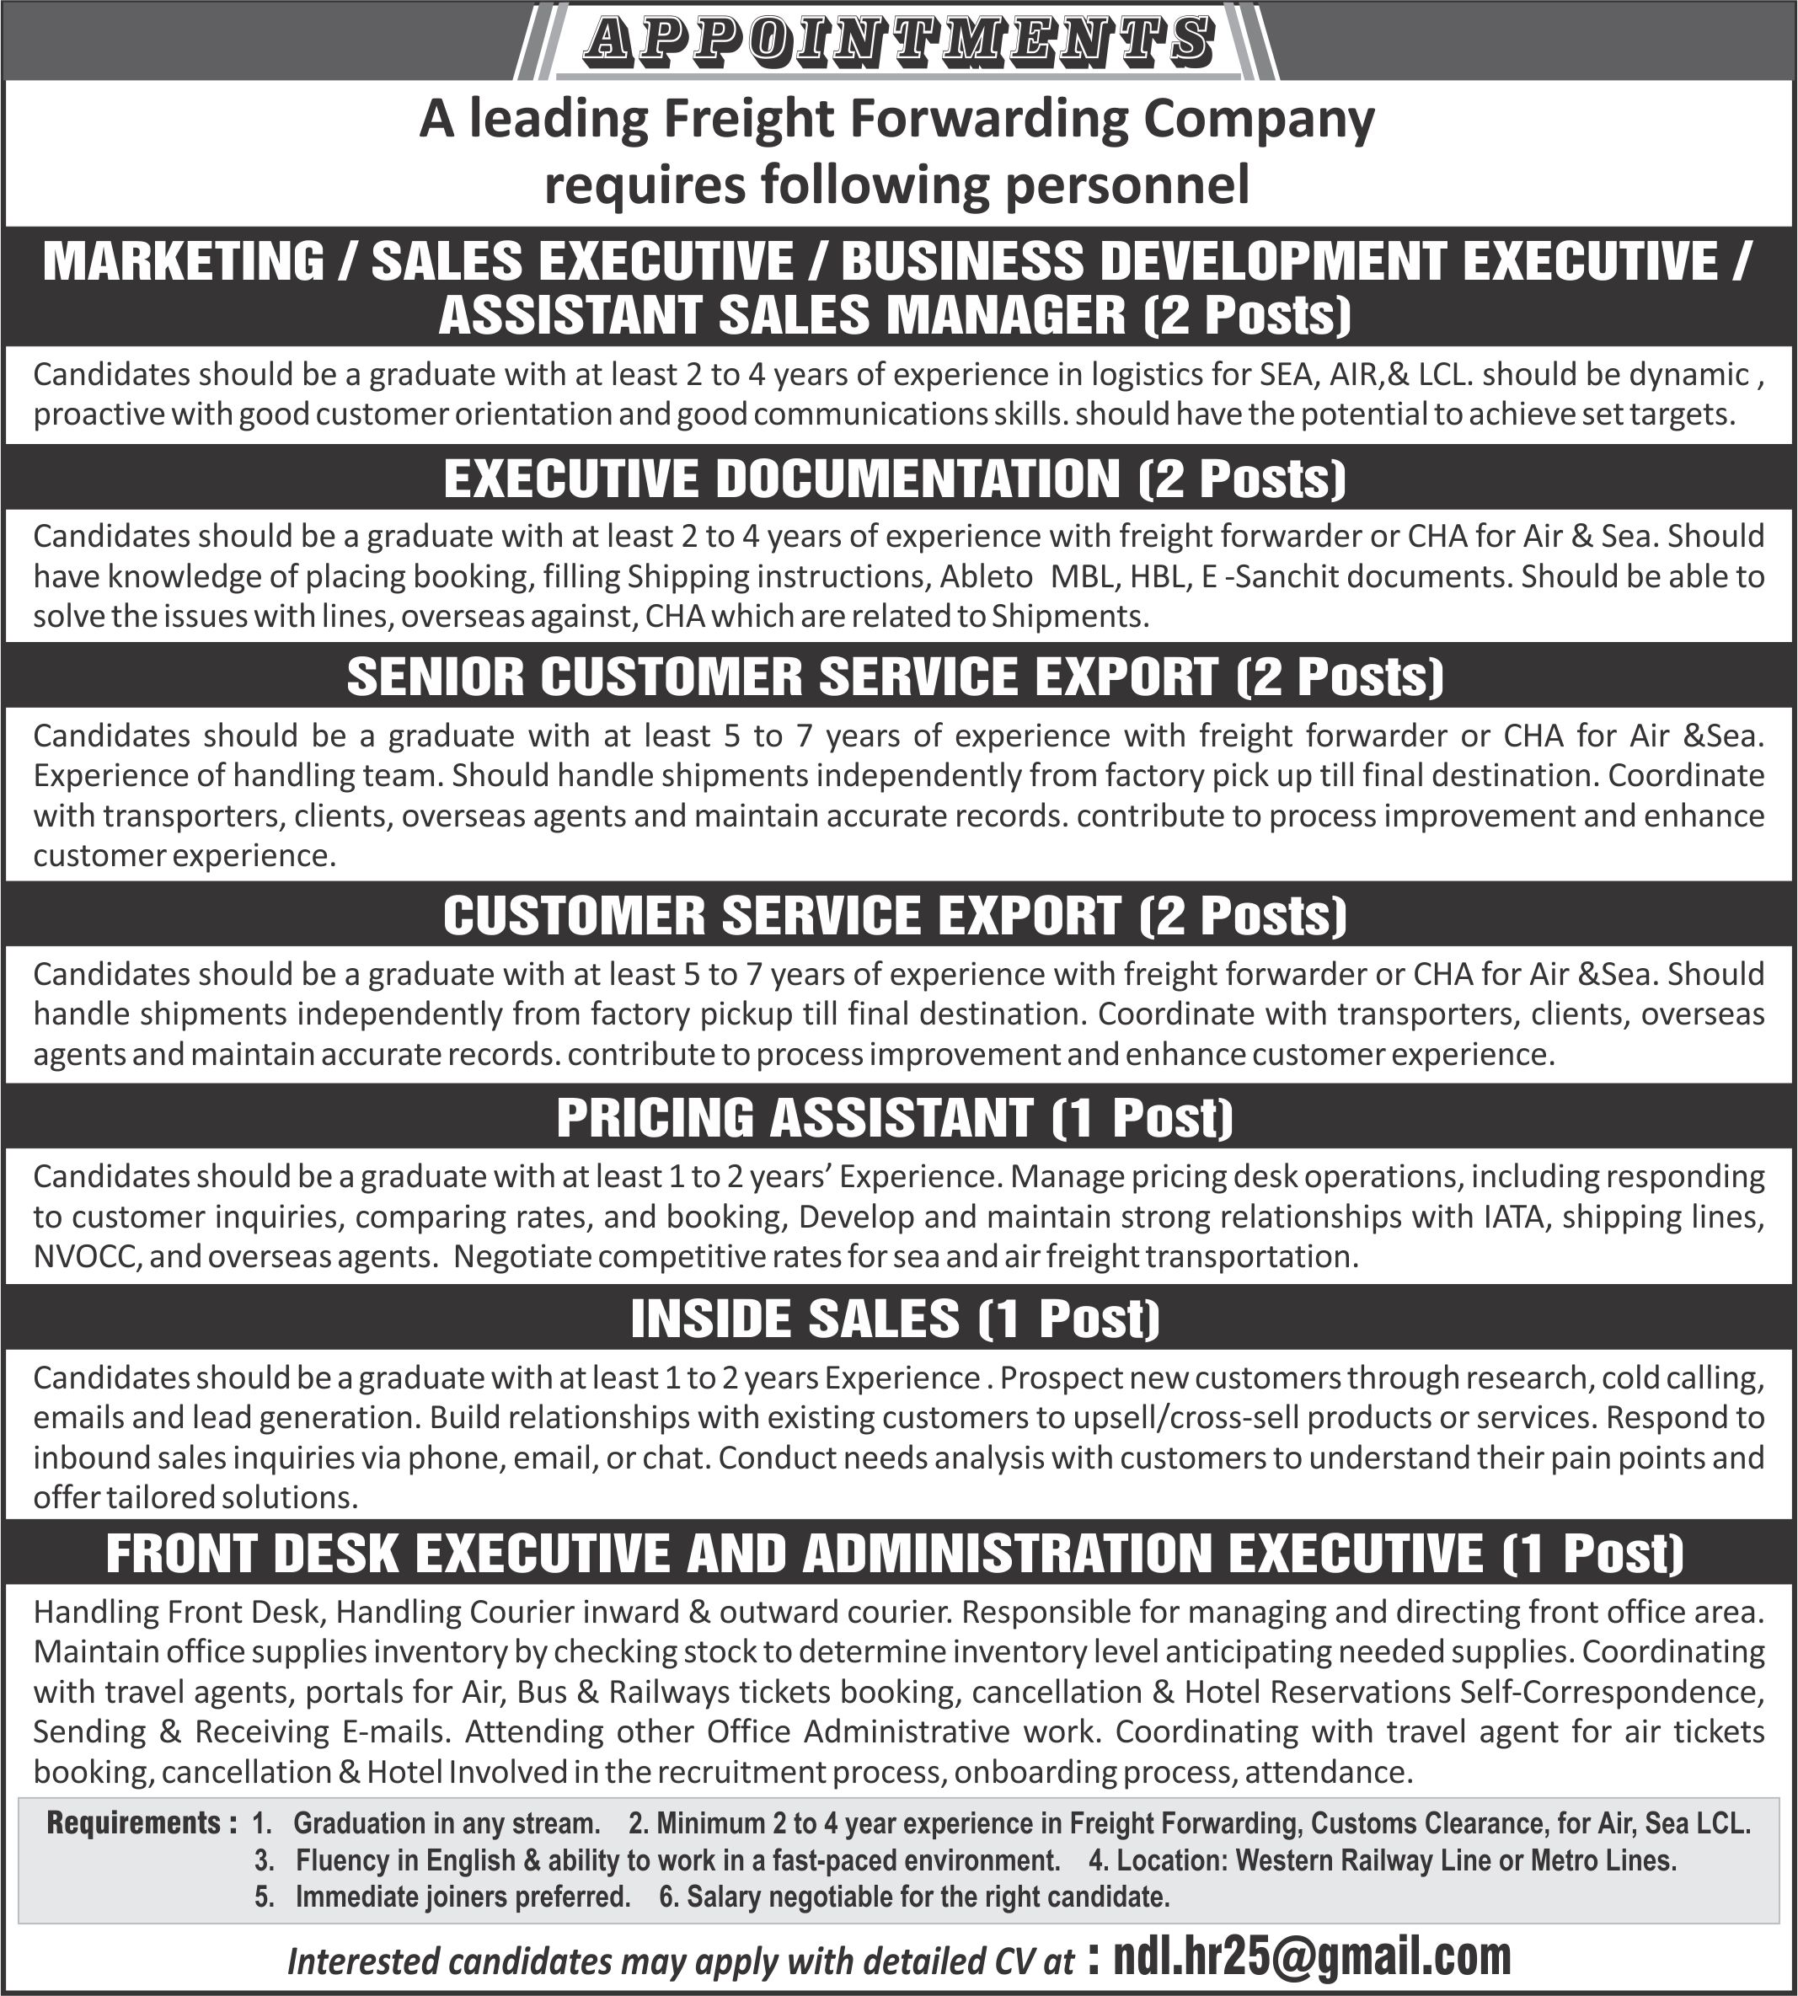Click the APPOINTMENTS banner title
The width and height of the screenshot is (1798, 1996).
pos(897,41)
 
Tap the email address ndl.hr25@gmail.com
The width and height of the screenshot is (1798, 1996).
pos(1311,1955)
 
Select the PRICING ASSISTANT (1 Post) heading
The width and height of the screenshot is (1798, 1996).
pos(895,1117)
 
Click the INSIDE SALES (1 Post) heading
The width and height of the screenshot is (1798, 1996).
pos(895,1318)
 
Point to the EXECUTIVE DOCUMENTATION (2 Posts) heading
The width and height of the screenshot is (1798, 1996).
pos(895,479)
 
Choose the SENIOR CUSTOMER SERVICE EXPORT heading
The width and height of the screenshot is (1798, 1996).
pos(895,677)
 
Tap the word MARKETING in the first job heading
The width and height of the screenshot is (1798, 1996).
pos(184,261)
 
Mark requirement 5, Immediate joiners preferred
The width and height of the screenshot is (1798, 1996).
pos(462,1897)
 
